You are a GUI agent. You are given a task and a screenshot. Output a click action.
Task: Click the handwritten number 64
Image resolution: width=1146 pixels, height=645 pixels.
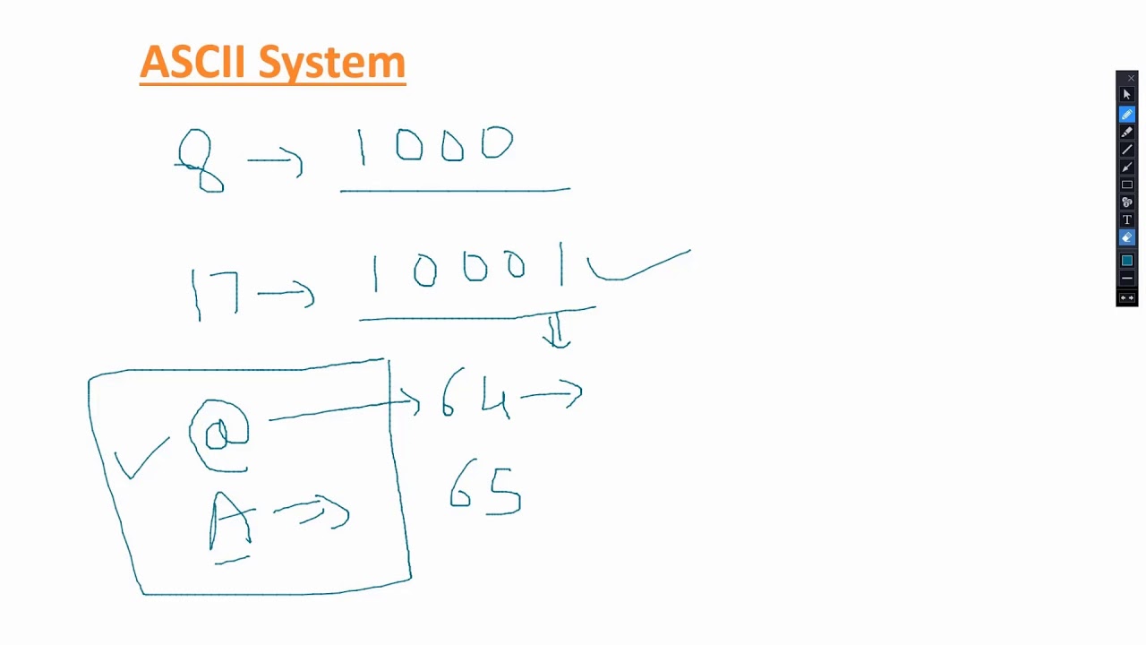pyautogui.click(x=475, y=393)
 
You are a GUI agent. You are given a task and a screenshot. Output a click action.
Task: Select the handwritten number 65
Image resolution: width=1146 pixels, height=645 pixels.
pyautogui.click(x=485, y=489)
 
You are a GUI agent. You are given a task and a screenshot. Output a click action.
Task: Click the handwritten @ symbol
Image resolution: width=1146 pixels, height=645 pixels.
pyautogui.click(x=218, y=434)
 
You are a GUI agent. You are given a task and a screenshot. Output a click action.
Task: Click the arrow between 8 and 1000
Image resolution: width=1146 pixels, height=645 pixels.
pyautogui.click(x=276, y=161)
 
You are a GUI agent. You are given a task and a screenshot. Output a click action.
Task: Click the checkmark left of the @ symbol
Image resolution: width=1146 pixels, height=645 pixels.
pyautogui.click(x=141, y=459)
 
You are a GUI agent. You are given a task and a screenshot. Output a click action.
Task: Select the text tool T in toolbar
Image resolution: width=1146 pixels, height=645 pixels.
pyautogui.click(x=1127, y=219)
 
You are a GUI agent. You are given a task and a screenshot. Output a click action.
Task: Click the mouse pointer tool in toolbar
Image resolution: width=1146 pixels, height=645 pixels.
pyautogui.click(x=1127, y=95)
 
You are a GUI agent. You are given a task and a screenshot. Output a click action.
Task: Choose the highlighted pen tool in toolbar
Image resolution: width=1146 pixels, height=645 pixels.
pyautogui.click(x=1127, y=115)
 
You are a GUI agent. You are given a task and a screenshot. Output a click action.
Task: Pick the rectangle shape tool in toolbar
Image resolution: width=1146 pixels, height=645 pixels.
pyautogui.click(x=1127, y=185)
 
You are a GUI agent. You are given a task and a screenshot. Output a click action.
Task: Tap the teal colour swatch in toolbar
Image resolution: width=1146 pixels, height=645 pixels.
pyautogui.click(x=1127, y=260)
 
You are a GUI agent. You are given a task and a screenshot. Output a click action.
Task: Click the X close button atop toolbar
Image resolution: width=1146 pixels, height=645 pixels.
pyautogui.click(x=1131, y=79)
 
